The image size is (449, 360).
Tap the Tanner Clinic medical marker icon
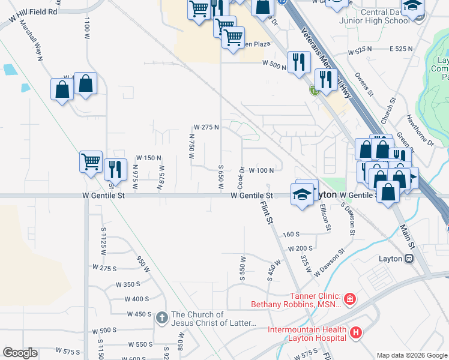[350, 298]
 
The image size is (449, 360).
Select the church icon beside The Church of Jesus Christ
[161, 317]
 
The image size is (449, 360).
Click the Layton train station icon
[409, 259]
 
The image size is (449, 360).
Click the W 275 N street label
[206, 127]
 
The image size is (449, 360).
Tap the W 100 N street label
[261, 170]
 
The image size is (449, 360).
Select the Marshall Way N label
[31, 41]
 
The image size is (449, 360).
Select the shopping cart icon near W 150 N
[91, 161]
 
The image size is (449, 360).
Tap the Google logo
[20, 353]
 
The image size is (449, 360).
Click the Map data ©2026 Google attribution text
[411, 355]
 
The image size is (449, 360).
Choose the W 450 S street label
[139, 314]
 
